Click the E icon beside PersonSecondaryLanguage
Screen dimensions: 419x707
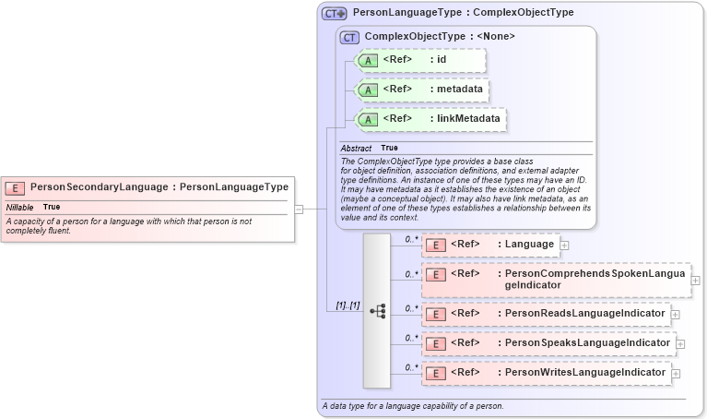(15, 187)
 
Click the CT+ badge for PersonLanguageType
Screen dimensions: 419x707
(334, 14)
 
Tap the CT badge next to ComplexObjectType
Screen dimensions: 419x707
(349, 38)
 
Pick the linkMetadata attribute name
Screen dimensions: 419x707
(470, 119)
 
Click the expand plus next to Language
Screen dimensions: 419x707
(564, 245)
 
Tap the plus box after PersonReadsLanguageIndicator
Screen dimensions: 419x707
(676, 315)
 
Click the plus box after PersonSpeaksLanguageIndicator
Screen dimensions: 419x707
(681, 344)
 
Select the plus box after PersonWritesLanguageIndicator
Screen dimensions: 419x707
(676, 374)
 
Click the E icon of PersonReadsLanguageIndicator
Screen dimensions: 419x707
(435, 315)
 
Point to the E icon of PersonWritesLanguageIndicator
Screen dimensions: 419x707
(435, 374)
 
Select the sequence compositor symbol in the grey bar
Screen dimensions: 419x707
(377, 311)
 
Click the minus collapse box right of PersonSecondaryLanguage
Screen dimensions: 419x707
(300, 209)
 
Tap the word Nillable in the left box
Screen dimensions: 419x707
(19, 207)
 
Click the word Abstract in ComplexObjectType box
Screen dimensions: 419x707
(356, 148)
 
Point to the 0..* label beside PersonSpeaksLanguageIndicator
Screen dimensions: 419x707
(411, 338)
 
